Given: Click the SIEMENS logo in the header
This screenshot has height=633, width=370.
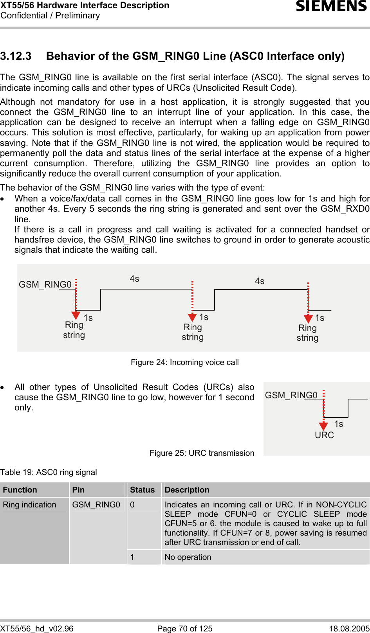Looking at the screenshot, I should pyautogui.click(x=331, y=6).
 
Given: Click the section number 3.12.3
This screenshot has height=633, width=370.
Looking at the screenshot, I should pyautogui.click(x=16, y=56).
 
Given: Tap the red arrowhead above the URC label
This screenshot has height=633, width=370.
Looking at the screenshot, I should pyautogui.click(x=323, y=426).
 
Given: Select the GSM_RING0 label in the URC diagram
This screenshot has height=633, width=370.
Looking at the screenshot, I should pyautogui.click(x=291, y=395).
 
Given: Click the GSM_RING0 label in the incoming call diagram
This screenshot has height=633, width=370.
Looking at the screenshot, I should pyautogui.click(x=45, y=284).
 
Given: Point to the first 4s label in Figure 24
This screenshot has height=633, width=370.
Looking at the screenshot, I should pyautogui.click(x=134, y=279).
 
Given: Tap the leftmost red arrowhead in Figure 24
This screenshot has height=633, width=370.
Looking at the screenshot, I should pyautogui.click(x=76, y=315).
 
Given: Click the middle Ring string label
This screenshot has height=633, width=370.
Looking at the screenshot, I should pyautogui.click(x=193, y=332).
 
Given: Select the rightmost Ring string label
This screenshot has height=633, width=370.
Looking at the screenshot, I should pyautogui.click(x=307, y=333).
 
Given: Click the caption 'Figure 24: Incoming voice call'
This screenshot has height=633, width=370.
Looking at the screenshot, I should pyautogui.click(x=185, y=362).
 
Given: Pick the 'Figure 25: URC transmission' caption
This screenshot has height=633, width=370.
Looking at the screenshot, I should pyautogui.click(x=202, y=453).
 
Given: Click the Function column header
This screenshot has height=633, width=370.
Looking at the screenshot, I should pyautogui.click(x=20, y=490).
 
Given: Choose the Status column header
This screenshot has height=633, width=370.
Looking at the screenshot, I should pyautogui.click(x=142, y=490).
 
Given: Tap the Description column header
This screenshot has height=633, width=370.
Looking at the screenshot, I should pyautogui.click(x=187, y=490).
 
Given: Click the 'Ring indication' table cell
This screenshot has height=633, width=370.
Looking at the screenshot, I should pyautogui.click(x=30, y=505).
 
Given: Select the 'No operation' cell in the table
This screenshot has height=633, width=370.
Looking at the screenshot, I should pyautogui.click(x=188, y=557).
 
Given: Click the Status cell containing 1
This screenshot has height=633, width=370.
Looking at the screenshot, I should pyautogui.click(x=132, y=557).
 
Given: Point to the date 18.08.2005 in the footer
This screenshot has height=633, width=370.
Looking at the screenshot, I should pyautogui.click(x=349, y=629).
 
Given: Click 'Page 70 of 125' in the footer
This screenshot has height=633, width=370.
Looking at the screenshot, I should pyautogui.click(x=185, y=629).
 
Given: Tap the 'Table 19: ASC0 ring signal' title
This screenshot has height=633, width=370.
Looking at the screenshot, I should pyautogui.click(x=49, y=472).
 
